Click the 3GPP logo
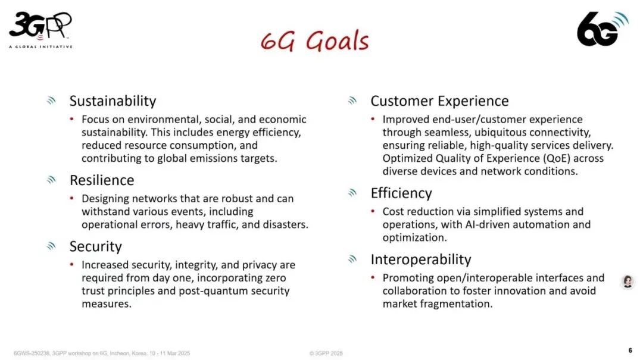click(40, 30)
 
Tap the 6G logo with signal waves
click(602, 29)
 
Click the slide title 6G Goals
click(314, 41)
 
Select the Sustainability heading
click(113, 101)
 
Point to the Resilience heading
click(102, 180)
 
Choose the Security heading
click(95, 246)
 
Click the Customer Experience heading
click(439, 101)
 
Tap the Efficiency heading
click(401, 193)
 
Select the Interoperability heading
click(421, 259)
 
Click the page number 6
click(630, 350)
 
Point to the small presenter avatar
click(628, 281)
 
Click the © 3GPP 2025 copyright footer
click(326, 353)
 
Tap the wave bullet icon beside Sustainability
click(51, 101)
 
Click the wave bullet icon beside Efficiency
click(352, 193)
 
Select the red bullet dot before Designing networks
click(72, 198)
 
